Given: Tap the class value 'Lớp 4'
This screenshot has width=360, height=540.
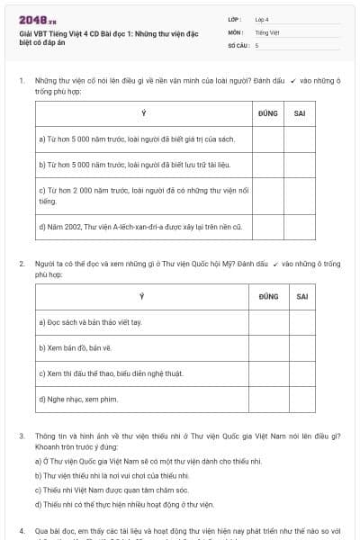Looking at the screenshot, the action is [x=263, y=18].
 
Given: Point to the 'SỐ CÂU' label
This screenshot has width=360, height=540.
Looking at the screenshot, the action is [x=238, y=44].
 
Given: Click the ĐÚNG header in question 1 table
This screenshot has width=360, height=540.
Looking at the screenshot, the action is [x=267, y=113].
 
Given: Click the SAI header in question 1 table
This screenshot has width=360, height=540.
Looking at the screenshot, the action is [x=300, y=113].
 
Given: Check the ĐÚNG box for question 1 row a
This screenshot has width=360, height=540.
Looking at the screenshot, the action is [x=267, y=139].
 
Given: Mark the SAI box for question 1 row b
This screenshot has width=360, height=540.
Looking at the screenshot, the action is [x=300, y=166].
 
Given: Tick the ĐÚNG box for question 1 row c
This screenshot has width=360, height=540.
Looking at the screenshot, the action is [x=267, y=196].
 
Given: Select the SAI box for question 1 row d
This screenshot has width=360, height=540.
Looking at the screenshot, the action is [x=300, y=227].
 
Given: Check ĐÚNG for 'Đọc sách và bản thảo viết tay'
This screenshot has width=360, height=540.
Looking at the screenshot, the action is [x=268, y=322].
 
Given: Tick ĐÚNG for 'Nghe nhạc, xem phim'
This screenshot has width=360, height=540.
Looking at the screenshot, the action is [x=268, y=399].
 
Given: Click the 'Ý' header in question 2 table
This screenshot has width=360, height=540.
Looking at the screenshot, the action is [x=141, y=296].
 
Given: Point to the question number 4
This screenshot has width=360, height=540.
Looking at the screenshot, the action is [x=21, y=531].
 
